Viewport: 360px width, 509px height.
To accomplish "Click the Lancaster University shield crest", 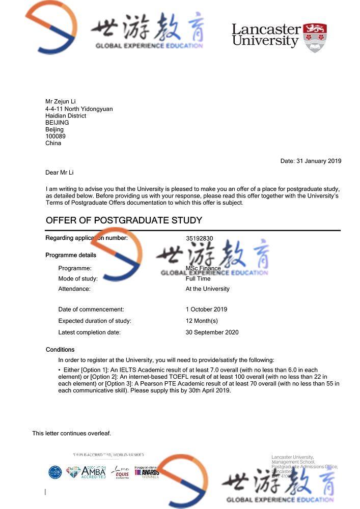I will click(x=315, y=38).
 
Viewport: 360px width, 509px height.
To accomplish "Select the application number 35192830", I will click(x=200, y=238).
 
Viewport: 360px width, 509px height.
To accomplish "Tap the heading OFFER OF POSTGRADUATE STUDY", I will click(x=124, y=220).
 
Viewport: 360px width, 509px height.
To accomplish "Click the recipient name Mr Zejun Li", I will click(x=60, y=102).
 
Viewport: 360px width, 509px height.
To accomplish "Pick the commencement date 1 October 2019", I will click(x=206, y=309).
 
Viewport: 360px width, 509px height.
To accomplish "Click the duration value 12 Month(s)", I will click(x=202, y=321).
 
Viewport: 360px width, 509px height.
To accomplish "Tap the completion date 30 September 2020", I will click(x=212, y=332).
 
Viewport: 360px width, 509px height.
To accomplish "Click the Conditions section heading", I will click(x=60, y=350).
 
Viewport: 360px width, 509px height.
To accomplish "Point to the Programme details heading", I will click(x=71, y=255).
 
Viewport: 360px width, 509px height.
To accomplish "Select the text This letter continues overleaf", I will click(x=72, y=433).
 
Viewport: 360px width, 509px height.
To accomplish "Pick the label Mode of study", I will click(x=78, y=278).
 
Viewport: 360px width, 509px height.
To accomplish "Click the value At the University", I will click(x=207, y=289).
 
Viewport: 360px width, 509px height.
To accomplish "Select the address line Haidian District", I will click(x=66, y=116).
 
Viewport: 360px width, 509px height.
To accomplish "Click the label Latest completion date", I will click(x=90, y=332).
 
